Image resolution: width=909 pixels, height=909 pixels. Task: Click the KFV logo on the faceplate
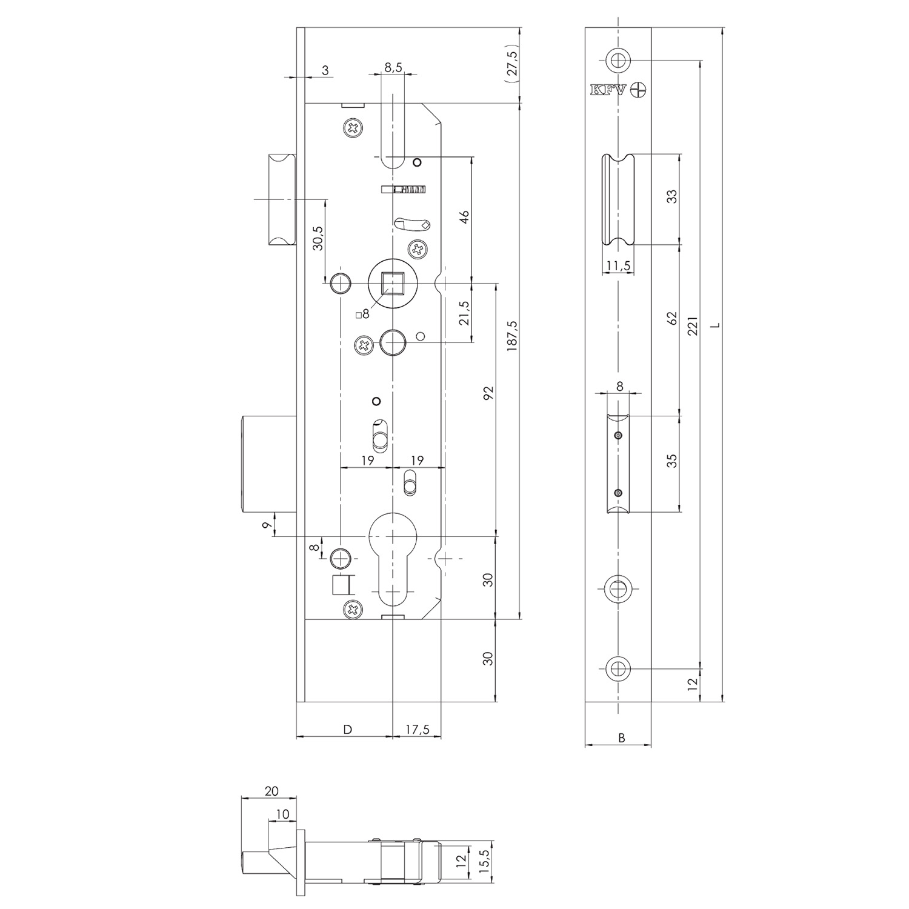[x=619, y=90]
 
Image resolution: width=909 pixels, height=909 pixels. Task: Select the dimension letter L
[x=716, y=325]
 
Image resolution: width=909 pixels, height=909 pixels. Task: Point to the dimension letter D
[x=347, y=730]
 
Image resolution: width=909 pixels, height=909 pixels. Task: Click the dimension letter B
[x=621, y=738]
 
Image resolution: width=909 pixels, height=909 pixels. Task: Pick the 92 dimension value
[x=489, y=393]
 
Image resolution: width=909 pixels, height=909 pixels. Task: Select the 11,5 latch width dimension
[x=618, y=265]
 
